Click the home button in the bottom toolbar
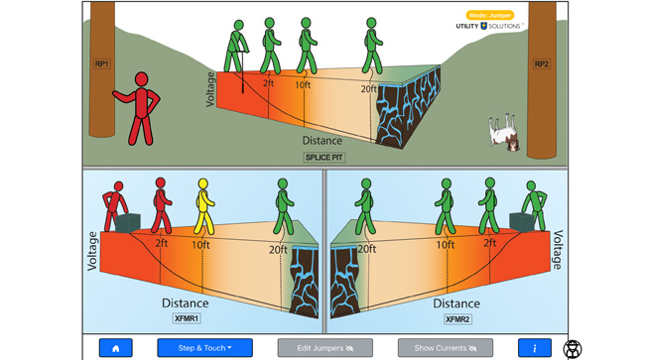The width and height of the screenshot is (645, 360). [x=115, y=348]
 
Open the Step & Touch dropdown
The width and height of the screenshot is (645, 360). [x=204, y=348]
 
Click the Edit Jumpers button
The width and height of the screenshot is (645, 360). [x=324, y=348]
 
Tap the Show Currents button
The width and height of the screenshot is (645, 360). [x=445, y=348]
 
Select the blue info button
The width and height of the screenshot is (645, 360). [x=535, y=348]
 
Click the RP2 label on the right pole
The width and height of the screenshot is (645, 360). [x=542, y=64]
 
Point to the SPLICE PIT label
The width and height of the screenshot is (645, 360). [x=324, y=157]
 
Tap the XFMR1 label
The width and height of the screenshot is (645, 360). [x=186, y=319]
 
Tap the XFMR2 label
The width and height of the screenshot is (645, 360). [x=459, y=319]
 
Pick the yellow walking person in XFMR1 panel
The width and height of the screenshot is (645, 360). [x=203, y=207]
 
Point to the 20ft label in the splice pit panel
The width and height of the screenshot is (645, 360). [x=369, y=87]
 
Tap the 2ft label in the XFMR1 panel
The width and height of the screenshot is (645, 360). [x=162, y=243]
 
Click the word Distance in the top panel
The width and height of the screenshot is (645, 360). [x=322, y=141]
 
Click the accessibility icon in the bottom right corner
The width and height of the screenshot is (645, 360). [x=573, y=348]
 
